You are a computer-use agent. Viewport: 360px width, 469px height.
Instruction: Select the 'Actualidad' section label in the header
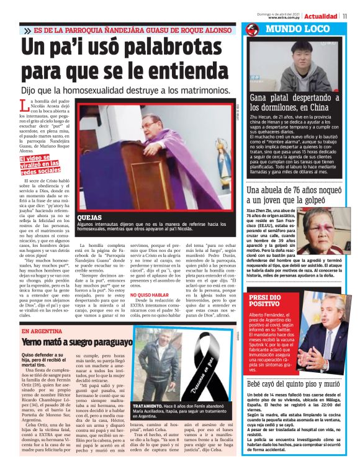pos(321,16)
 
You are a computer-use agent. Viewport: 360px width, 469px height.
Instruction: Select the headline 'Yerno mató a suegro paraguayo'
pos(77,342)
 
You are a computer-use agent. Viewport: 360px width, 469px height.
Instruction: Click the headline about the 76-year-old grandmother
pos(293,195)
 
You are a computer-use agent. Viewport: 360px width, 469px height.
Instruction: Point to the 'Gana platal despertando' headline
pos(294,104)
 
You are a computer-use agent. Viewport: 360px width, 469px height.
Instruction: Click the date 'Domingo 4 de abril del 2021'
pos(297,12)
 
